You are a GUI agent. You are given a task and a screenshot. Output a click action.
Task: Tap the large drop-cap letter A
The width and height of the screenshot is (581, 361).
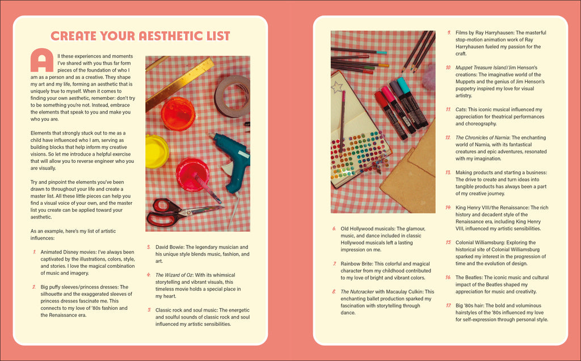pyautogui.click(x=41, y=60)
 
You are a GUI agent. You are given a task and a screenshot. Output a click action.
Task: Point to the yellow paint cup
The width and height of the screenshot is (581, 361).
pyautogui.click(x=156, y=151)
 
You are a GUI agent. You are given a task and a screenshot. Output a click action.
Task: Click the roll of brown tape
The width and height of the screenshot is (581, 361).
pyautogui.click(x=232, y=96)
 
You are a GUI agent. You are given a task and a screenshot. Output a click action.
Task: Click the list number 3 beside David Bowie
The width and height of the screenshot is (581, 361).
pyautogui.click(x=149, y=247)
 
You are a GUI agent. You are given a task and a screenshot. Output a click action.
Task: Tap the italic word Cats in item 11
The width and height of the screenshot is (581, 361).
pyautogui.click(x=461, y=110)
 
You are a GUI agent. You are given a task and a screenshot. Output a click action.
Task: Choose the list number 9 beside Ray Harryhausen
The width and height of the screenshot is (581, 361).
pyautogui.click(x=449, y=33)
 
